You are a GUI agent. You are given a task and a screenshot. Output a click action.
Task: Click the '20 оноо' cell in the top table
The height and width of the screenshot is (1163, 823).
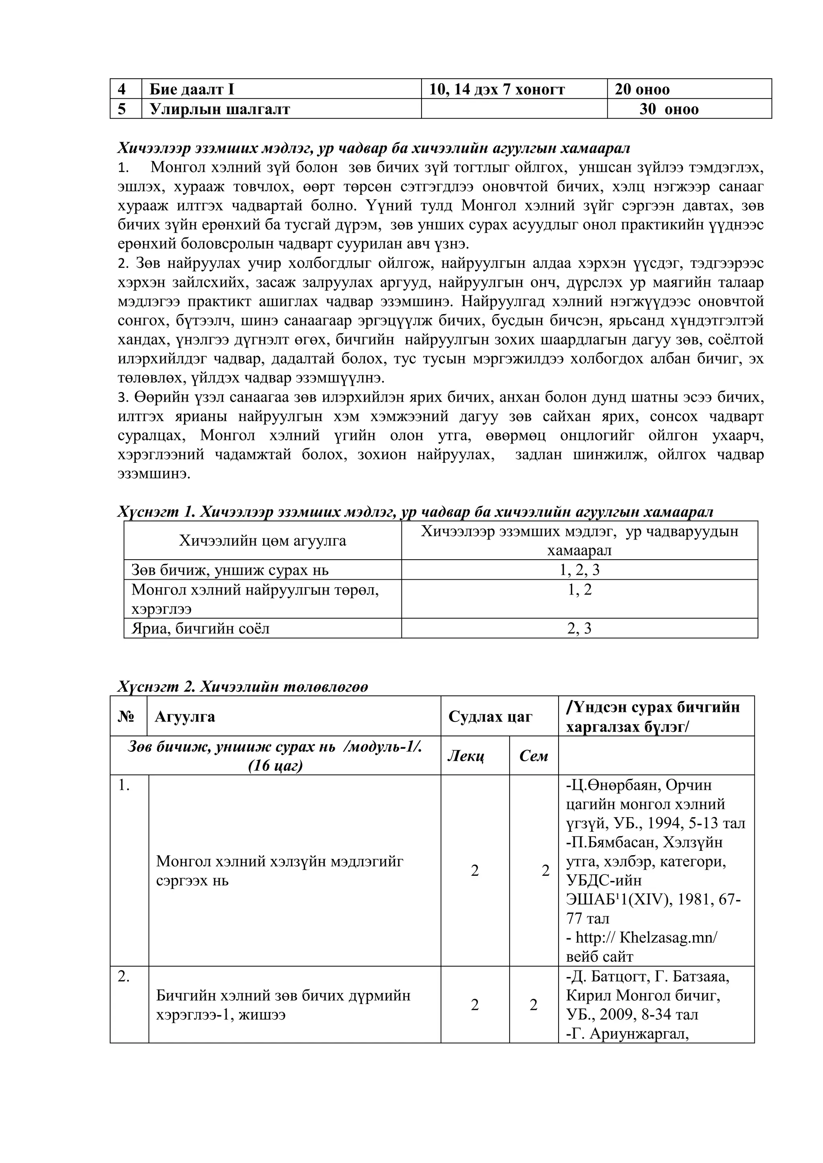[642, 90]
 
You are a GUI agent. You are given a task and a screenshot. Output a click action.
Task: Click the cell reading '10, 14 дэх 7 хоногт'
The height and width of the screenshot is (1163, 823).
[497, 90]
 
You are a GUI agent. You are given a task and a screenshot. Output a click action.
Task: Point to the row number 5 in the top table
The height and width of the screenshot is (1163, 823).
[122, 109]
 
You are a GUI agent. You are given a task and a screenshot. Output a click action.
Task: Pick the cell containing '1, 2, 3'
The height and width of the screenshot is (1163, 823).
[579, 570]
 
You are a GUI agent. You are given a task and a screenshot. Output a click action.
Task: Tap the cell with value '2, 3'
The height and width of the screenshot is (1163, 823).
[579, 629]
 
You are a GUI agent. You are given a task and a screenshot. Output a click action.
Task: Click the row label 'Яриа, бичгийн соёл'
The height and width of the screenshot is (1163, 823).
[200, 629]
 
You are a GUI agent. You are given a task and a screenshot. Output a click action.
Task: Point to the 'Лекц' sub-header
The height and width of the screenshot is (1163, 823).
[466, 756]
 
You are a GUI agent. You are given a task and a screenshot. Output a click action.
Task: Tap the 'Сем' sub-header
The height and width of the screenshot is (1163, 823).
[533, 756]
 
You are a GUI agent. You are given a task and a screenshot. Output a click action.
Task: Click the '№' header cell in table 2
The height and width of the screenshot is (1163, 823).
[126, 717]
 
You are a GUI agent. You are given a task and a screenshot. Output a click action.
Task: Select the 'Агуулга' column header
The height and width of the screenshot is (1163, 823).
[184, 717]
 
